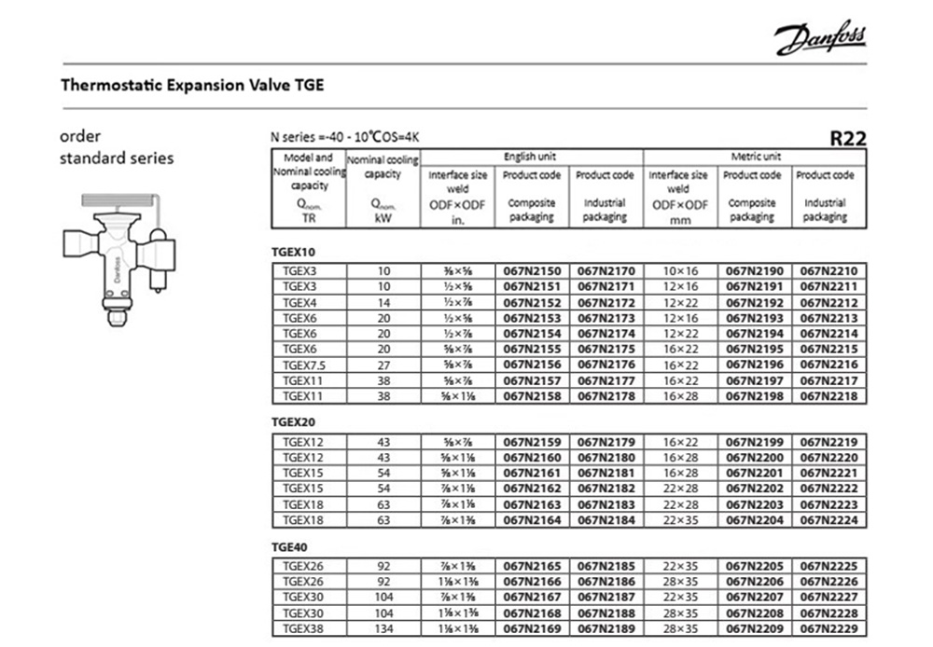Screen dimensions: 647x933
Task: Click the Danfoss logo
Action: tap(818, 40)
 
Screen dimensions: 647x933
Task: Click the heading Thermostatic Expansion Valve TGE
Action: tap(192, 86)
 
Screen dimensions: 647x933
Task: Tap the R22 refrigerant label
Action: tap(848, 139)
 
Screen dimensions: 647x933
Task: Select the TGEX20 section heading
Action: tap(290, 421)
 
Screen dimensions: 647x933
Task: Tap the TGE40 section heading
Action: tap(288, 547)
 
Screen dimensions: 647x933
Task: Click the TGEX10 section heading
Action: tap(290, 252)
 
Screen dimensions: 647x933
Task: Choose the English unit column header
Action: tap(530, 157)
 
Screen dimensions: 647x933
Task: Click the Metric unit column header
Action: tap(756, 157)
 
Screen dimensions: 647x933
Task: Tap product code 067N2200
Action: tap(754, 459)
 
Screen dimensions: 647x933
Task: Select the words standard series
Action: tap(117, 158)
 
